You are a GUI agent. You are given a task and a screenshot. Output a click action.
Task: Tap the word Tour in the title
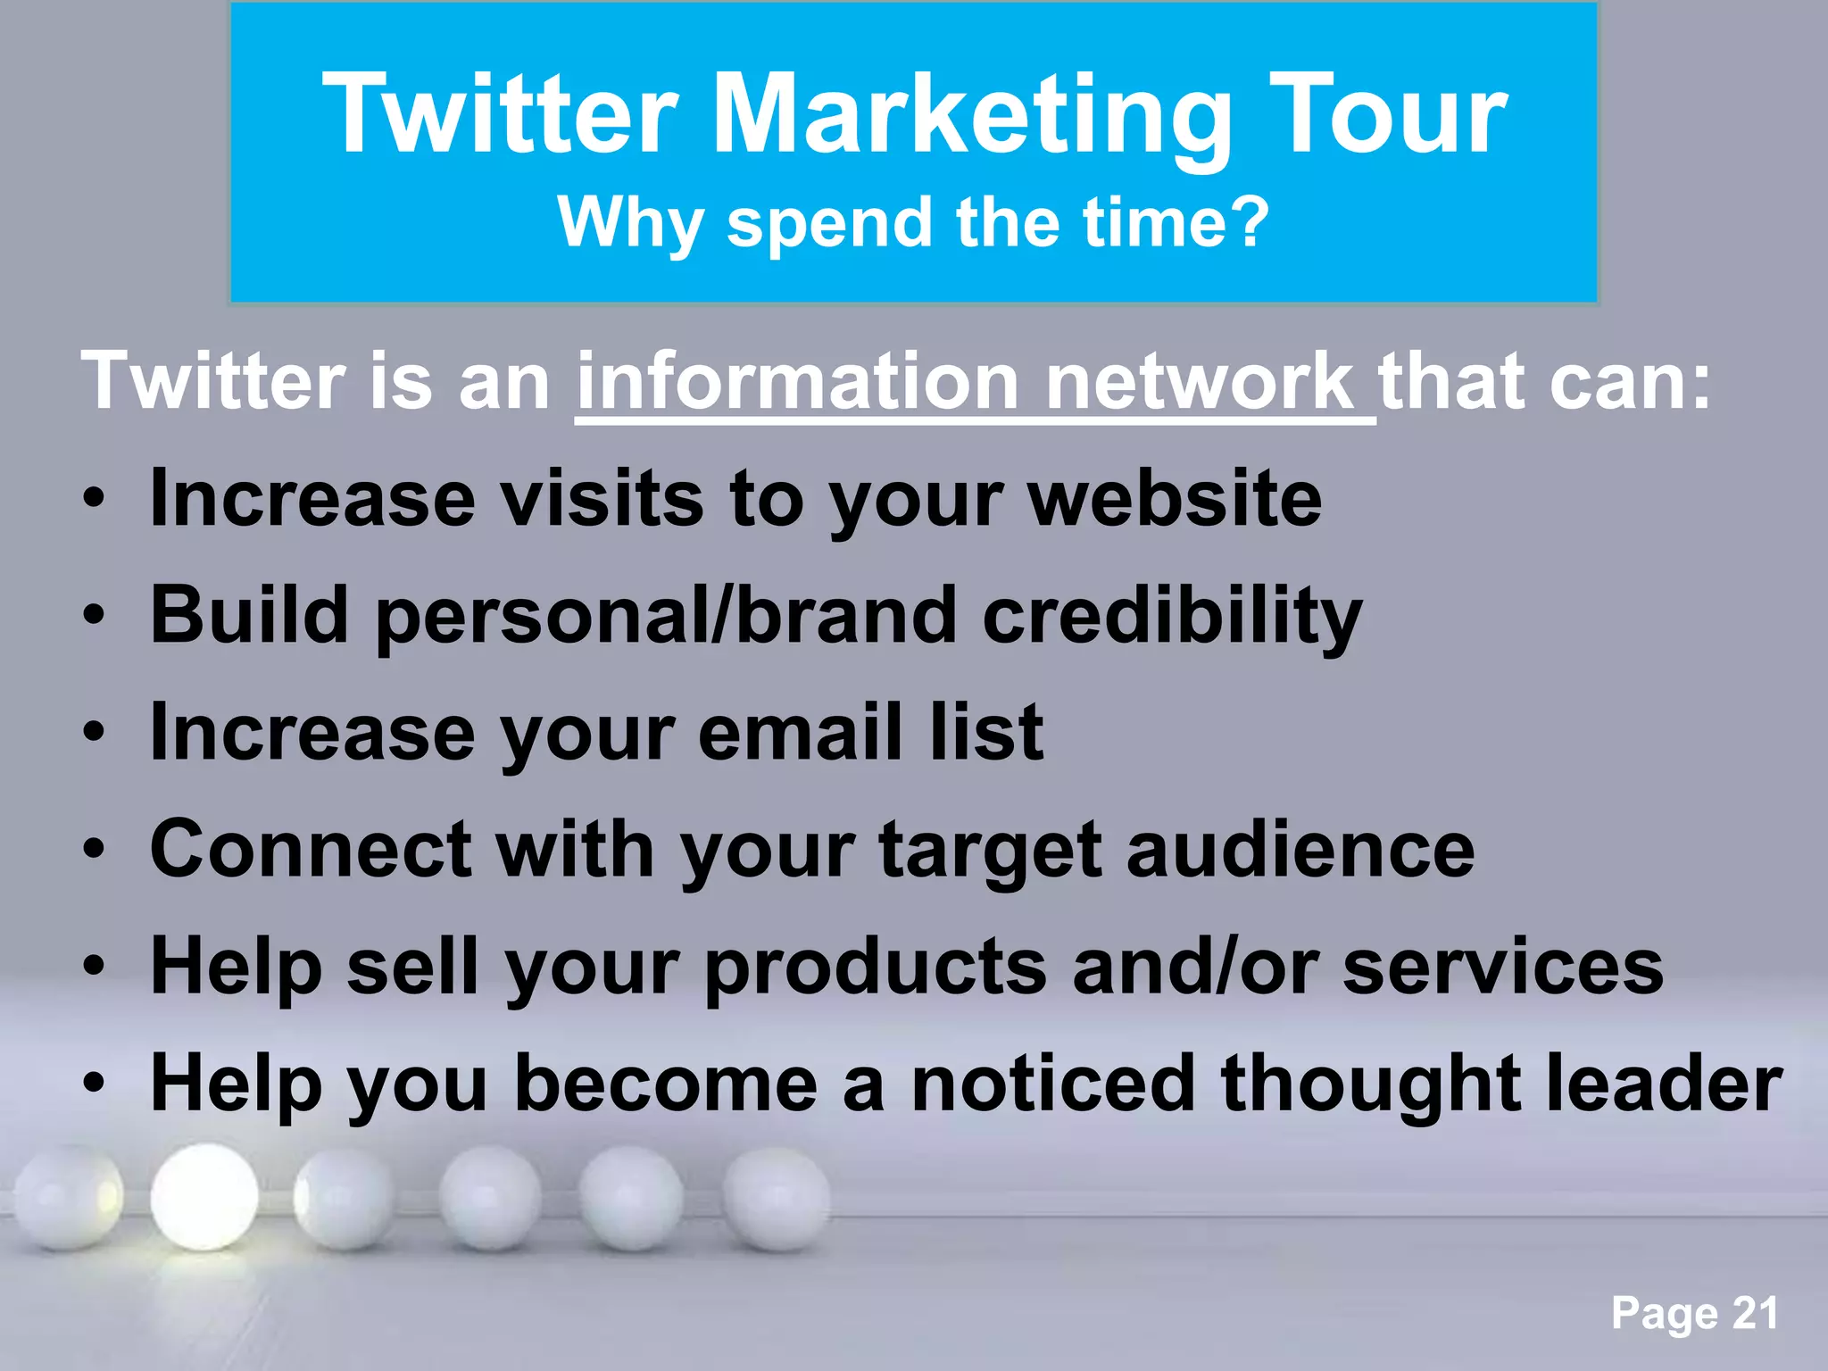point(1388,116)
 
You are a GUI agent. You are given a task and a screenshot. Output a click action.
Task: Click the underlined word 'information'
point(797,382)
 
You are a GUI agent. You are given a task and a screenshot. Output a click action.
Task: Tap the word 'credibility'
point(1172,616)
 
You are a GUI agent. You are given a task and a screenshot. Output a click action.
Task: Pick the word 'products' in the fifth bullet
point(875,968)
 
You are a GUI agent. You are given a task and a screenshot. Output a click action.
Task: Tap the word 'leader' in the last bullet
point(1664,1084)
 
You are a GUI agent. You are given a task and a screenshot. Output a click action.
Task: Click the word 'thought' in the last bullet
point(1370,1084)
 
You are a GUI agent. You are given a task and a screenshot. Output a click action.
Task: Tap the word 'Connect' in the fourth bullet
point(311,850)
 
